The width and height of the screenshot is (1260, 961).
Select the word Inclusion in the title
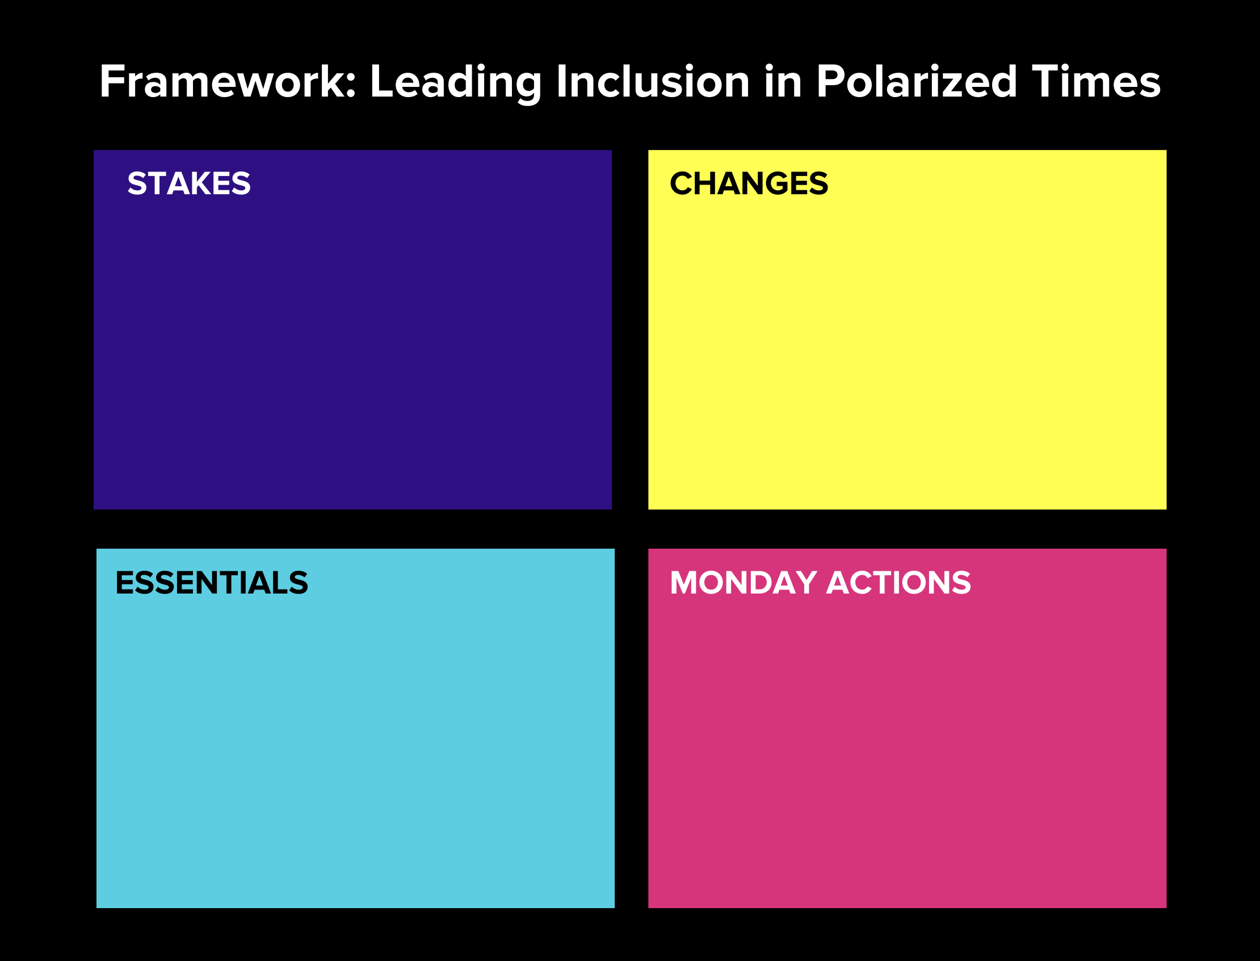652,82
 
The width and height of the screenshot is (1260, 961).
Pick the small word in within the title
783,82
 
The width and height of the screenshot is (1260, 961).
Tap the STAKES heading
188,183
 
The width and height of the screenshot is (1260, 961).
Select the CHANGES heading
749,183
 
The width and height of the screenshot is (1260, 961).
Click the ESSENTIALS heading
212,583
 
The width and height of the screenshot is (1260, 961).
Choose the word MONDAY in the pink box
743,583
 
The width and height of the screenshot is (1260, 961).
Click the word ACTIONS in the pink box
898,583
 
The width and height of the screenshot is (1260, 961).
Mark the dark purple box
352,354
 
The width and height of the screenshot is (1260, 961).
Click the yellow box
908,354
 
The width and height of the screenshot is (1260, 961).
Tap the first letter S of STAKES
137,183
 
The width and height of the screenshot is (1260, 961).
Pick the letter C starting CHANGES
682,183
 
